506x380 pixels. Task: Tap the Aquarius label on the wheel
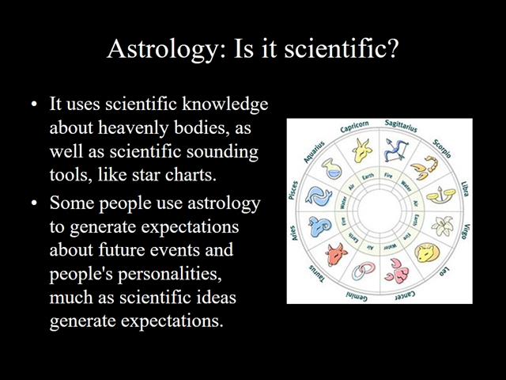click(x=315, y=146)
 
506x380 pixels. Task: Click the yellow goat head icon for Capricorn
click(x=361, y=148)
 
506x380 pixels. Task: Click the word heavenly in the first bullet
click(x=132, y=127)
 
